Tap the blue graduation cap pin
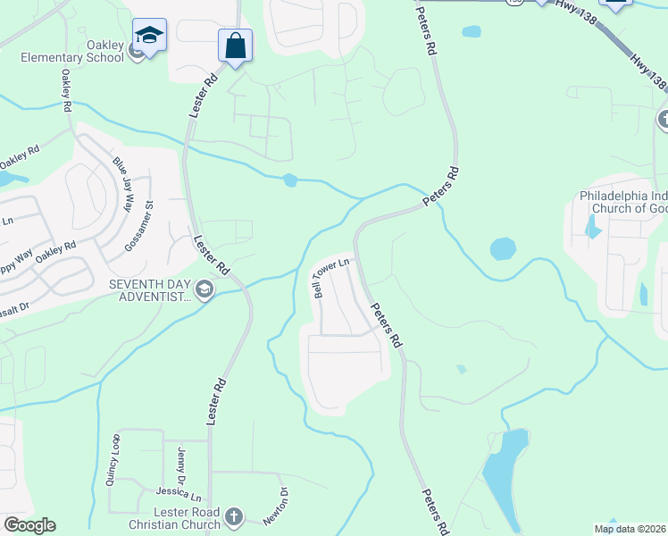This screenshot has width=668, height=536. tap(149, 36)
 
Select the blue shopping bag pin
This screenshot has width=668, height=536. tap(235, 45)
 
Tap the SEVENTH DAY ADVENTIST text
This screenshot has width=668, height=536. tap(150, 290)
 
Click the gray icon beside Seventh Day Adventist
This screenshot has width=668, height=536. tap(205, 289)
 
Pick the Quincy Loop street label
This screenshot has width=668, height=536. tap(113, 459)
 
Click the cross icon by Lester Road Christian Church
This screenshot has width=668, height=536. tap(233, 517)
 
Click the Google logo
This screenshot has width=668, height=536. tap(29, 525)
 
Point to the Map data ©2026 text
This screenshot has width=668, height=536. tap(630, 528)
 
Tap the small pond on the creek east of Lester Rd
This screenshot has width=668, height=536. tap(289, 180)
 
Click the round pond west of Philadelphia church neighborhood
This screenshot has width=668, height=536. tap(503, 248)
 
